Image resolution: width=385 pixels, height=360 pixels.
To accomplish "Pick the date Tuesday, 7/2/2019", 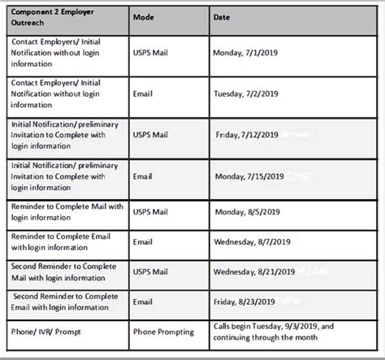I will [247, 93].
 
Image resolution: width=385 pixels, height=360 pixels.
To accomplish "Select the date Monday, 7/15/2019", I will [249, 175].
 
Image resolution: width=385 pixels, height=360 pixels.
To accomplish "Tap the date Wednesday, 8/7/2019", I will [252, 241].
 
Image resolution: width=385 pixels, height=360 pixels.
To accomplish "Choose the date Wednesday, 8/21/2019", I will [254, 272].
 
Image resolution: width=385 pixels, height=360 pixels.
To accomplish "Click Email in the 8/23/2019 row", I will [143, 301].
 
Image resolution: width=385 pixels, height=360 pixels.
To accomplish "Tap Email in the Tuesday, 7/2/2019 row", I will [143, 93].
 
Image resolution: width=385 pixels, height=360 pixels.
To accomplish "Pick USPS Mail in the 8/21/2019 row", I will [153, 272].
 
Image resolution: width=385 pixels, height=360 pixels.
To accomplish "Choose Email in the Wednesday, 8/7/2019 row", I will [143, 241].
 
